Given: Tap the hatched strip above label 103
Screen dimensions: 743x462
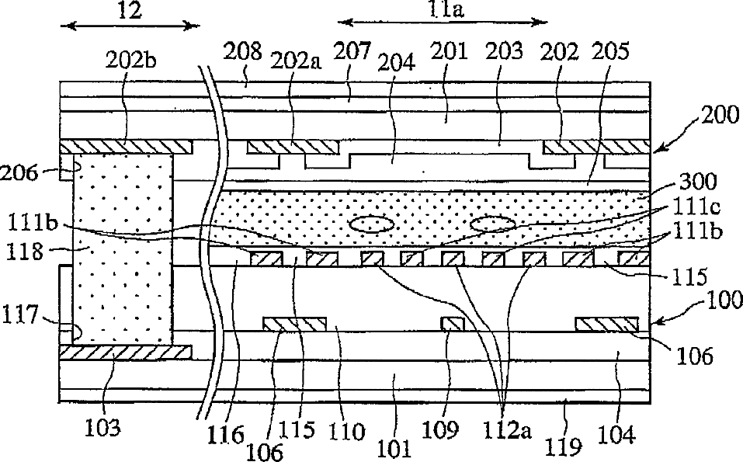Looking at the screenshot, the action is [x=125, y=353].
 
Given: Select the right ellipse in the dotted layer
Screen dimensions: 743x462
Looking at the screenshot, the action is [x=491, y=224].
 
